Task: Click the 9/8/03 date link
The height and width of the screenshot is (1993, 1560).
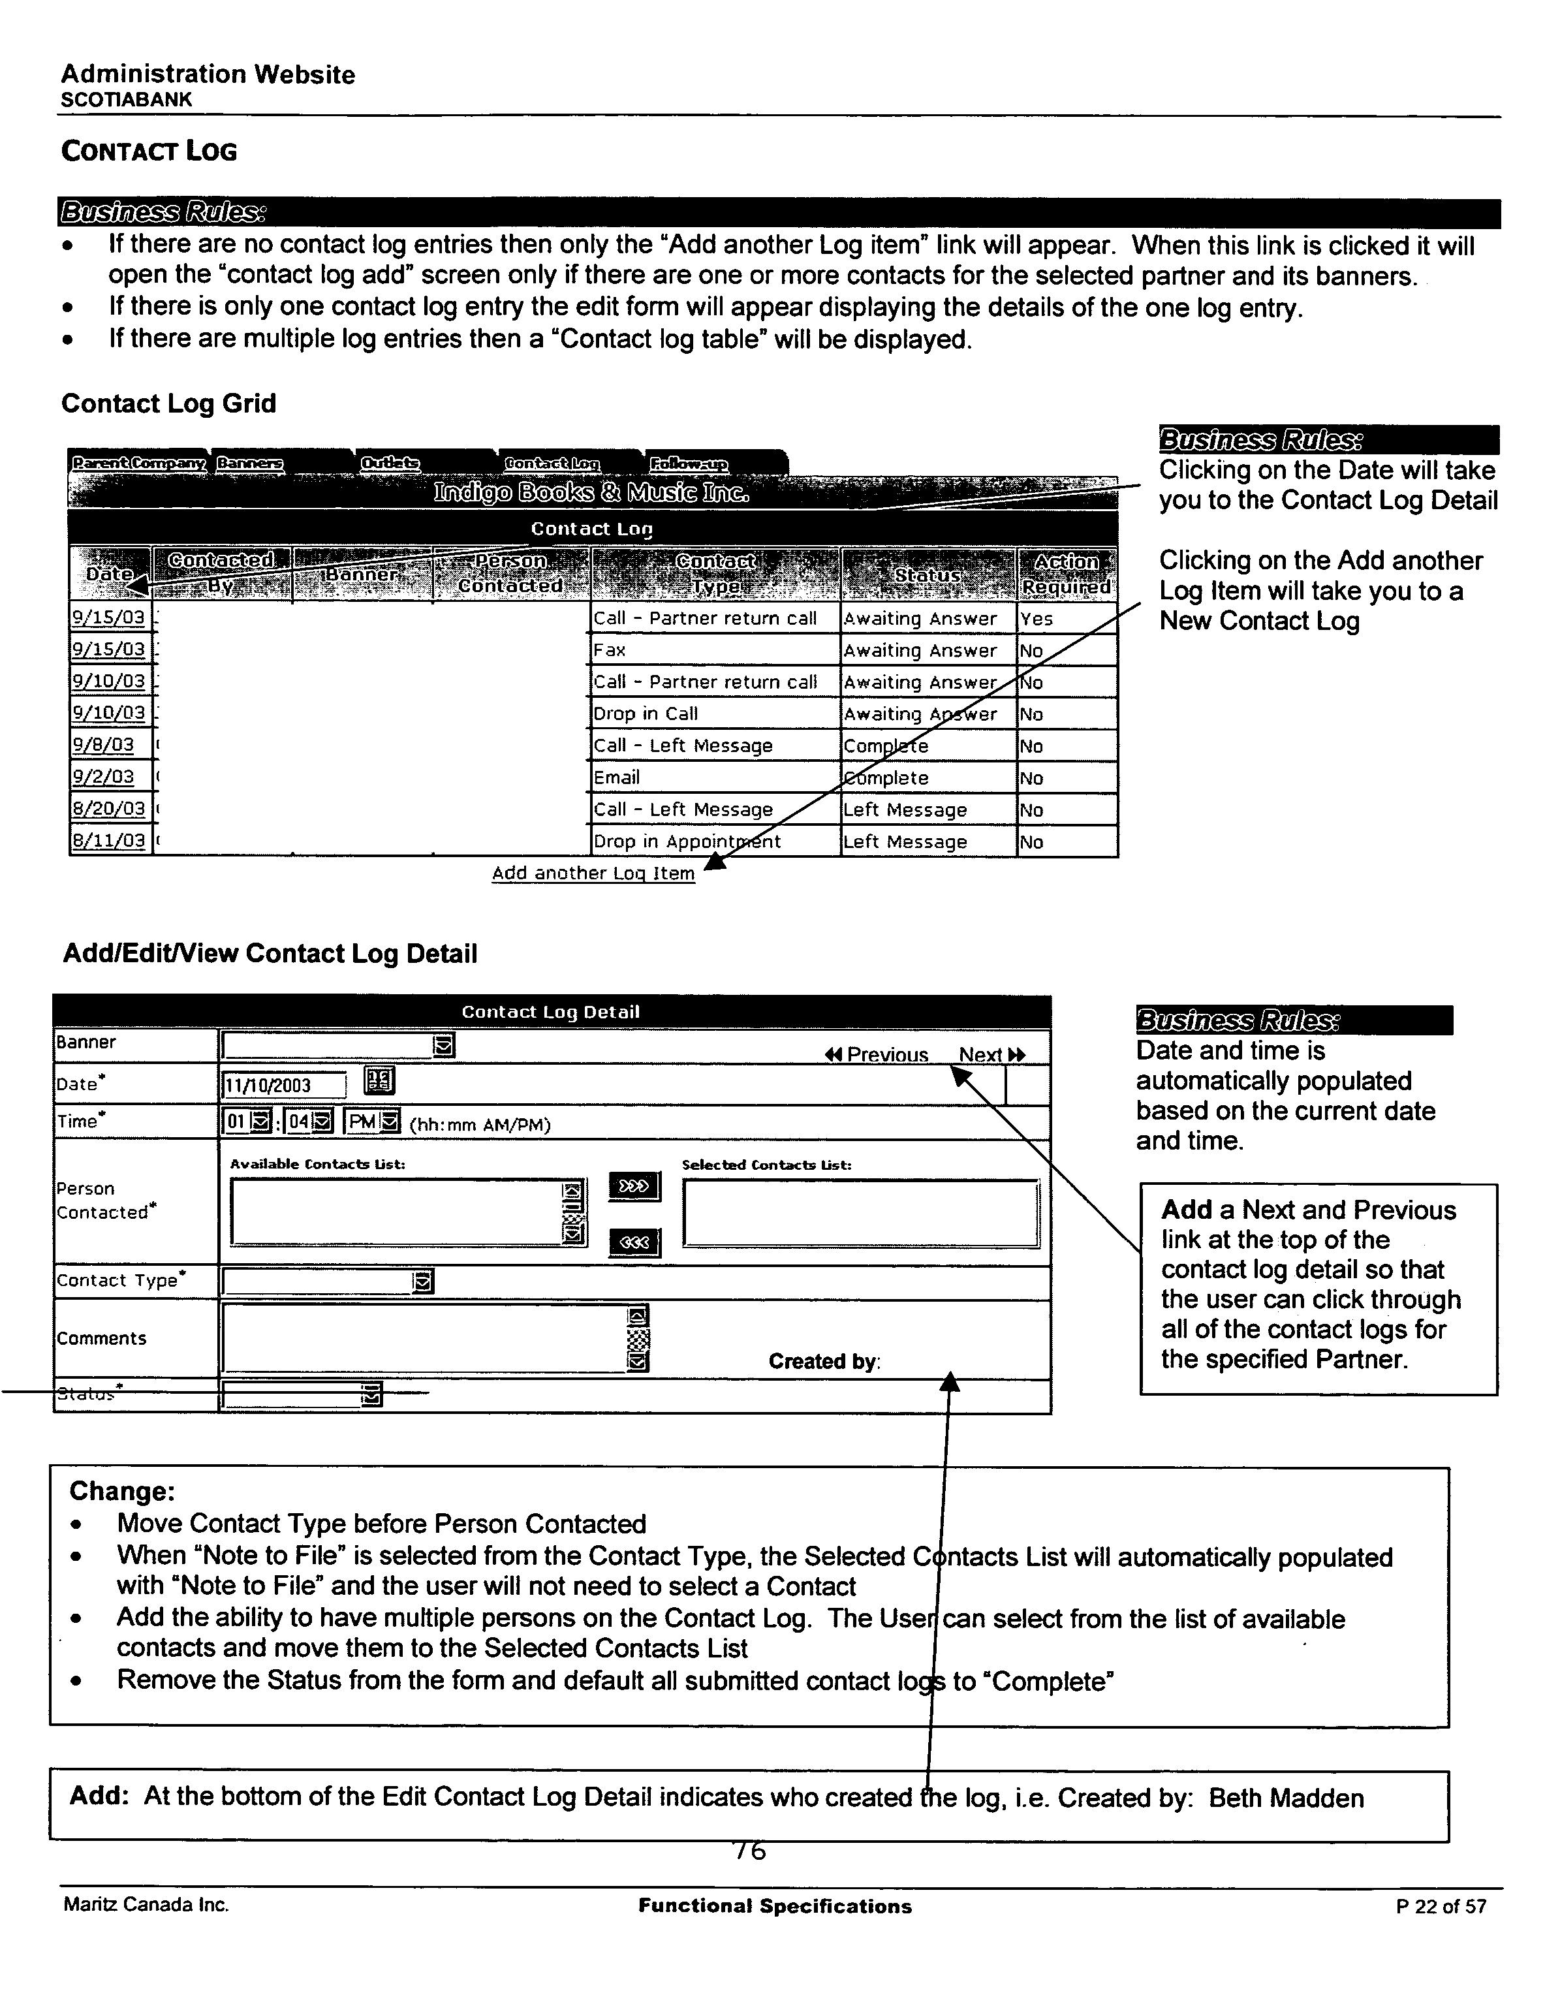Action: coord(103,745)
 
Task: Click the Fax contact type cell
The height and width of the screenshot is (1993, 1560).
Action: coord(610,650)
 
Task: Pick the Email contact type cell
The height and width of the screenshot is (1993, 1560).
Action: coord(617,777)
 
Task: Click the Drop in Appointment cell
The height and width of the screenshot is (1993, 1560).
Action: coord(687,841)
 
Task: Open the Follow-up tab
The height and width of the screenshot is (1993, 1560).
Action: coord(689,464)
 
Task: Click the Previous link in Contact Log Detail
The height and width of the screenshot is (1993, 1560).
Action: coord(877,1055)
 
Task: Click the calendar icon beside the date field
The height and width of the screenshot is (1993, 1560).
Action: coord(379,1082)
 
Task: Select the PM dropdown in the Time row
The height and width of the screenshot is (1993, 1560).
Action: coord(372,1122)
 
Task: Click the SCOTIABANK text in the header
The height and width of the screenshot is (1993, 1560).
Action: coord(126,101)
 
